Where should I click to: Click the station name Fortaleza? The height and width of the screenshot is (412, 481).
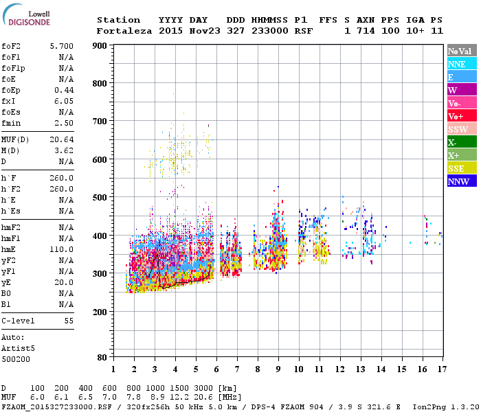[125, 31]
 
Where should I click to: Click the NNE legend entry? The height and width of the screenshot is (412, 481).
[457, 64]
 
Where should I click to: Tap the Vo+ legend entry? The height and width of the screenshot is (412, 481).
[456, 116]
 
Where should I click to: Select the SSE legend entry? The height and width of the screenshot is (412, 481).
[456, 168]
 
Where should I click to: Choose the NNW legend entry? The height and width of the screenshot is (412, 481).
[458, 181]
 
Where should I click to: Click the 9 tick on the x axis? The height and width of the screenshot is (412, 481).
[278, 369]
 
